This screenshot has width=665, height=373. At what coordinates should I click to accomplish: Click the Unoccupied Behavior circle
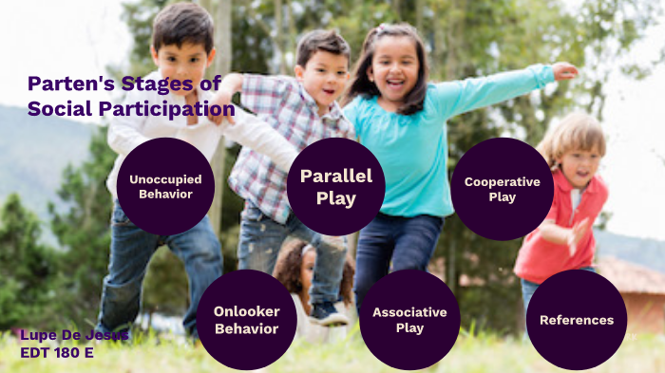pyautogui.click(x=165, y=186)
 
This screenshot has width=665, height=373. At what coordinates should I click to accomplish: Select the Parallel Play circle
pyautogui.click(x=335, y=187)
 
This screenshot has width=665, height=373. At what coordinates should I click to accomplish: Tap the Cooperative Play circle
pyautogui.click(x=502, y=188)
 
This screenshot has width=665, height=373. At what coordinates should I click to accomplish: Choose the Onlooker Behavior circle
pyautogui.click(x=246, y=320)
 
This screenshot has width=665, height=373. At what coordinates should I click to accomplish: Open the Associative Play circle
pyautogui.click(x=409, y=320)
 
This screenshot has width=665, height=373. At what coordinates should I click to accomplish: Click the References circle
pyautogui.click(x=576, y=320)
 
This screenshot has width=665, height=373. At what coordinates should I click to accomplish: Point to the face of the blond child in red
pyautogui.click(x=578, y=159)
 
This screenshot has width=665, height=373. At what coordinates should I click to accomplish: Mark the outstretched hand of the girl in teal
pyautogui.click(x=564, y=71)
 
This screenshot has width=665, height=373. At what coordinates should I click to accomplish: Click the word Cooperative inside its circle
pyautogui.click(x=502, y=181)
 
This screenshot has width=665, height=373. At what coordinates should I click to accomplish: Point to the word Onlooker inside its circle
pyautogui.click(x=246, y=312)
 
